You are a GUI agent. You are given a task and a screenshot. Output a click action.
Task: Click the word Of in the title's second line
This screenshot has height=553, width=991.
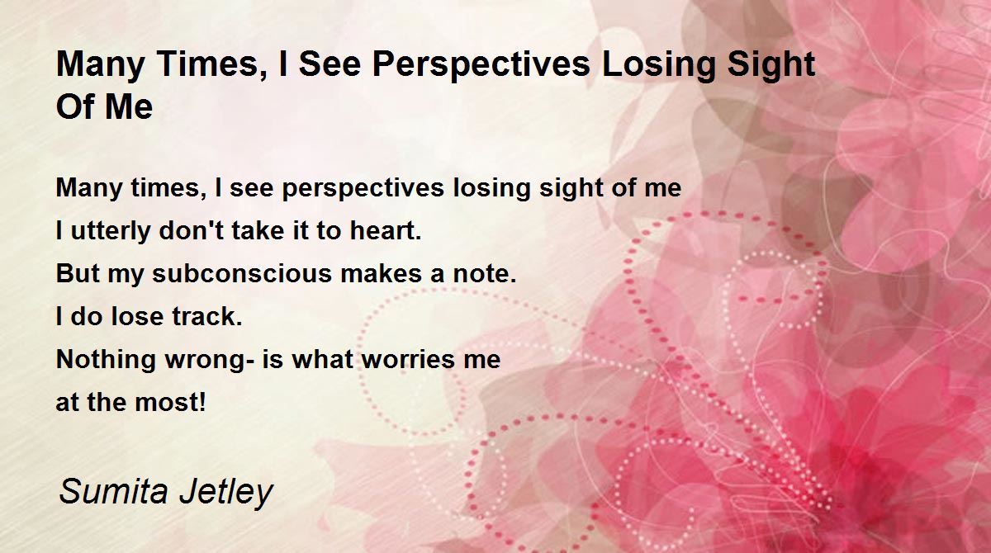click(74, 106)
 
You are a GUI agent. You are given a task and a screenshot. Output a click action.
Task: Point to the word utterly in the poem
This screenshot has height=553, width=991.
click(111, 231)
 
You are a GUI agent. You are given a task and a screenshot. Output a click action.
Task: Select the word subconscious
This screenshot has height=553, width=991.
click(242, 273)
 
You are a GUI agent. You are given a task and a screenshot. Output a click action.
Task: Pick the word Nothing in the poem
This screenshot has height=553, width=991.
click(106, 359)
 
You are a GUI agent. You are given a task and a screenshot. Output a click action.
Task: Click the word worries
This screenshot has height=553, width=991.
click(408, 359)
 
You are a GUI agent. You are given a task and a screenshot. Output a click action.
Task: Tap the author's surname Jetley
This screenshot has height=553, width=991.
click(226, 492)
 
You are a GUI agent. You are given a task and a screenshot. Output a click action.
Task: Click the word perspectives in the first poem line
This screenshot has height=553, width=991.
click(363, 188)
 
